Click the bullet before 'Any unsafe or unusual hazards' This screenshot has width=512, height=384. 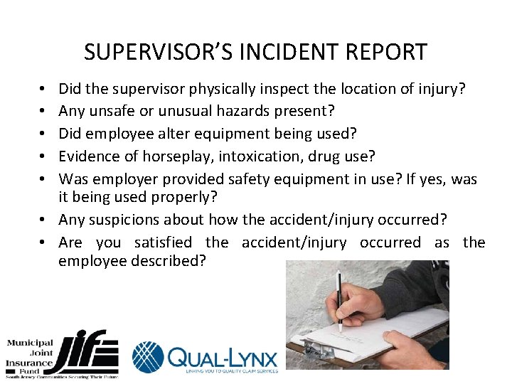coord(46,111)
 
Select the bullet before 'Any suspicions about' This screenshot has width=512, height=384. coord(46,220)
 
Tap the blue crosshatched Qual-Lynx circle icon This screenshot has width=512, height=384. coord(148,356)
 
